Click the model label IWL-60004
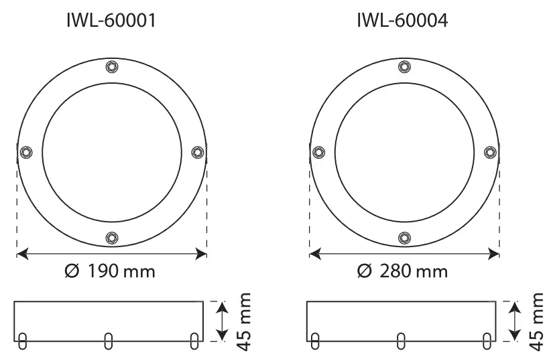(403, 21)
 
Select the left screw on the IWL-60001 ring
(25, 152)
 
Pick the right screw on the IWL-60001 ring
(198, 152)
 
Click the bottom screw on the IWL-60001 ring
(112, 238)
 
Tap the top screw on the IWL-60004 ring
(404, 66)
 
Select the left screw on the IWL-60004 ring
(318, 152)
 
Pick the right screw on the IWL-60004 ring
(490, 152)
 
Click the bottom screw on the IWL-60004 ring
(404, 238)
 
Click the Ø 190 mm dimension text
(110, 271)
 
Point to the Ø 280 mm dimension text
(402, 271)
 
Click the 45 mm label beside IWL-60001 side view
(244, 321)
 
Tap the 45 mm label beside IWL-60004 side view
(536, 321)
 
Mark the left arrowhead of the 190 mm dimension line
(21, 253)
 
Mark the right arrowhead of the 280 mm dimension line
(495, 253)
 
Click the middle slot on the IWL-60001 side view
(108, 340)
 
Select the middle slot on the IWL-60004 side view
(400, 340)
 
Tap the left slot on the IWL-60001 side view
(22, 340)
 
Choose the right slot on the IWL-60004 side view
(486, 340)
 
